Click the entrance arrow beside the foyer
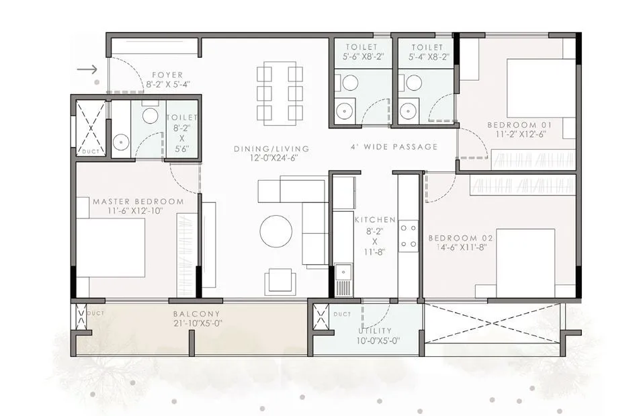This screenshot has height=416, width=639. click(x=87, y=69)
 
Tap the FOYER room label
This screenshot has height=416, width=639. click(x=168, y=75)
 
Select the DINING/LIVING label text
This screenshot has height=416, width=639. click(x=271, y=149)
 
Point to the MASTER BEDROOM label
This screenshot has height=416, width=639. click(x=138, y=202)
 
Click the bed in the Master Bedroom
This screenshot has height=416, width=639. click(x=111, y=247)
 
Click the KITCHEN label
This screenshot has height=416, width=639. click(x=374, y=219)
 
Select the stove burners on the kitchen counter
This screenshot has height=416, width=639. click(x=408, y=236)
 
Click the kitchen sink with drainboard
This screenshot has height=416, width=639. click(x=343, y=279)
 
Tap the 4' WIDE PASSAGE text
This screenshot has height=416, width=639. click(x=394, y=147)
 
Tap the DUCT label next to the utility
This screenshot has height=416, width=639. click(x=342, y=314)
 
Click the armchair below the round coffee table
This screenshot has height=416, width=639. click(x=280, y=280)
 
